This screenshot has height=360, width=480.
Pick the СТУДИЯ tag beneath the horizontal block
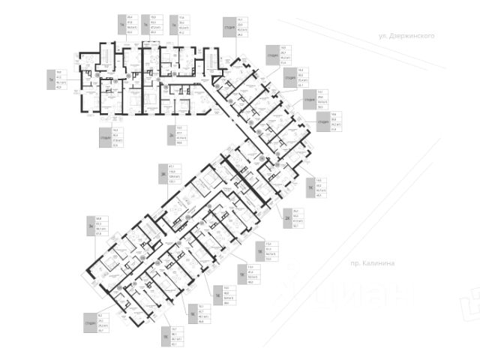[103, 139]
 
